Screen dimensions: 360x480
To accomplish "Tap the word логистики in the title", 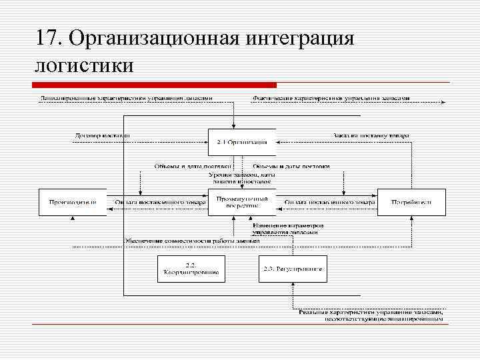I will pos(85,65).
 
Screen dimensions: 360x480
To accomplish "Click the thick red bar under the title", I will pos(155,85).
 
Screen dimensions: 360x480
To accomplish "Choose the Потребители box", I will pos(411,202).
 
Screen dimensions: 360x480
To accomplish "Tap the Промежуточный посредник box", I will pos(242,202).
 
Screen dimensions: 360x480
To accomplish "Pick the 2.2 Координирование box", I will pos(191,269).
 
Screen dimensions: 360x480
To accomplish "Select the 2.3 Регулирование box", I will pos(293,269).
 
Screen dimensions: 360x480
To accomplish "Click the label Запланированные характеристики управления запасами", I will pos(127,98).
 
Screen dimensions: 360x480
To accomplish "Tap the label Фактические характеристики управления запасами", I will pos(331,98).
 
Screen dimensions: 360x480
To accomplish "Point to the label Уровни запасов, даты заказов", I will pos(241,177).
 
